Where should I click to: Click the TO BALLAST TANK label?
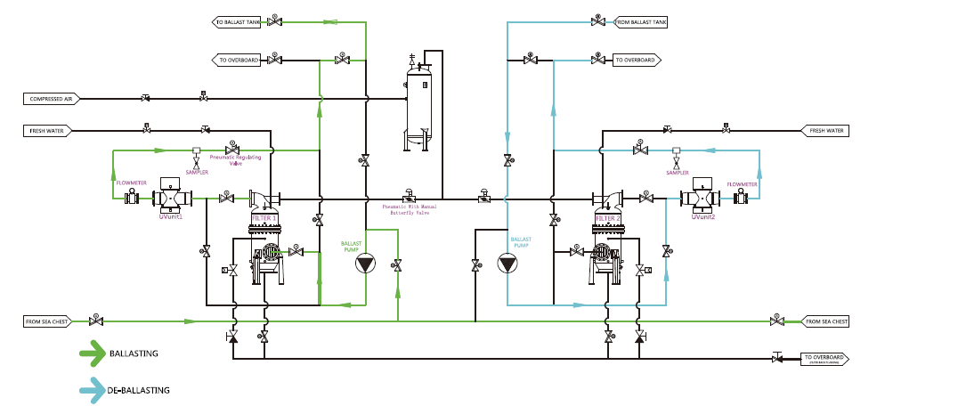coord(236,20)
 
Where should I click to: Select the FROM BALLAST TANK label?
coord(641,20)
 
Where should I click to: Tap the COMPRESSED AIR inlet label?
coord(53,99)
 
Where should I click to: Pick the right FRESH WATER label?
coord(824,131)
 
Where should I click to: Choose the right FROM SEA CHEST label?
coord(824,321)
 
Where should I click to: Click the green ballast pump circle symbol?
coord(364,264)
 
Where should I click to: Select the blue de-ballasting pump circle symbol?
coord(507,264)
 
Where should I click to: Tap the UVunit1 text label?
coord(170,216)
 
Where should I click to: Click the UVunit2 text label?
coord(703,216)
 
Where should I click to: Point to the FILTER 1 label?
coord(264,218)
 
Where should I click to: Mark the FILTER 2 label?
coord(608,218)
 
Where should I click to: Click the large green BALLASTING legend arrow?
coord(92,353)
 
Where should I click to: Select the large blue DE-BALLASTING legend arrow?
coord(92,390)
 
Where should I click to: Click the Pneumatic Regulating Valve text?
coord(235,160)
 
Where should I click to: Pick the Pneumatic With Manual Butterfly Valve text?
coord(411,211)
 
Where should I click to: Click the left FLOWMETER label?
coord(130,183)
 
